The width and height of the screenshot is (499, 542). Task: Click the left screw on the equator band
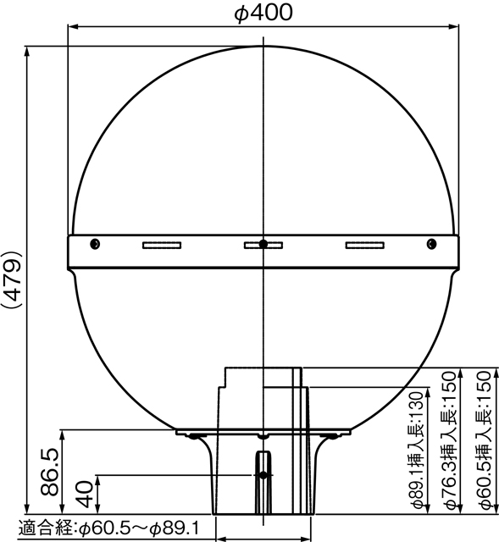95,245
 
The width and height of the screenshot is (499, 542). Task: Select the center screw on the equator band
263,245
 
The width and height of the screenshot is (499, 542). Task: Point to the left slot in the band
161,246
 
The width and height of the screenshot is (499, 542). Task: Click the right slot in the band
365,246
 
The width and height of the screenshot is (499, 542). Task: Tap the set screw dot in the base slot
263,476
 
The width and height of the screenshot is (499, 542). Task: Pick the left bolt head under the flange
197,437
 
